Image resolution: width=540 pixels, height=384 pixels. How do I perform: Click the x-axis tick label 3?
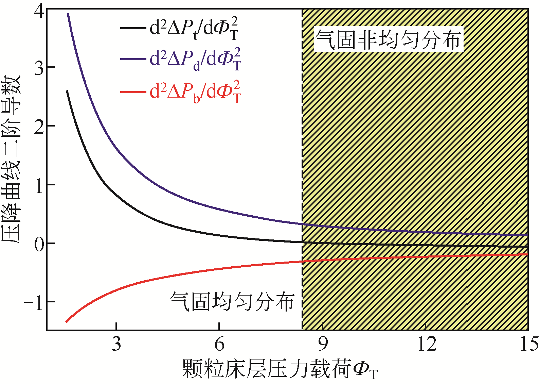pyautogui.click(x=116, y=344)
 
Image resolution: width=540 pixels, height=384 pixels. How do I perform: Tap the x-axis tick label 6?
pyautogui.click(x=220, y=344)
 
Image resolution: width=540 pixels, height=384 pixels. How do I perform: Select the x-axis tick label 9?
pyautogui.click(x=323, y=344)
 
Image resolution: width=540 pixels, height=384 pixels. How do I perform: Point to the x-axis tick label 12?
pyautogui.click(x=426, y=344)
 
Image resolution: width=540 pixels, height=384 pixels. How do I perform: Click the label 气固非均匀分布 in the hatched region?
pyautogui.click(x=388, y=39)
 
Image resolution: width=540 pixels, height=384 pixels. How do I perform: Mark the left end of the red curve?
pyautogui.click(x=67, y=321)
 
